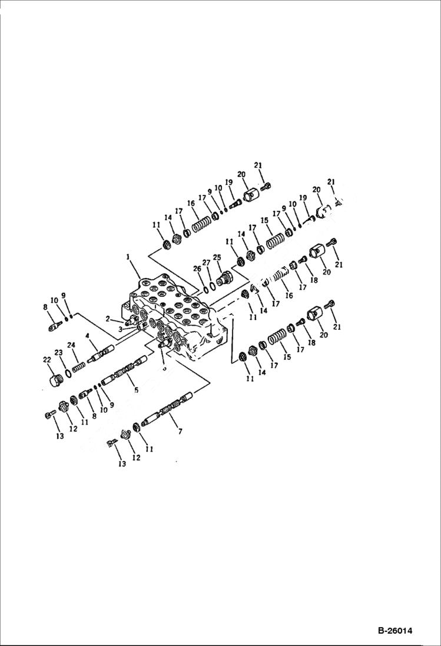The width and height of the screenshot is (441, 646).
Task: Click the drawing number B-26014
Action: coord(394,631)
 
